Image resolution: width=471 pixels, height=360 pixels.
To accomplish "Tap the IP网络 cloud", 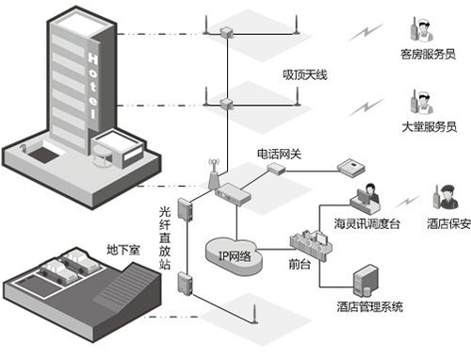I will coord(232,252).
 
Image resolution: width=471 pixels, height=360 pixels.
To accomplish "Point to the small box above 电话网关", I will coord(275,168).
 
